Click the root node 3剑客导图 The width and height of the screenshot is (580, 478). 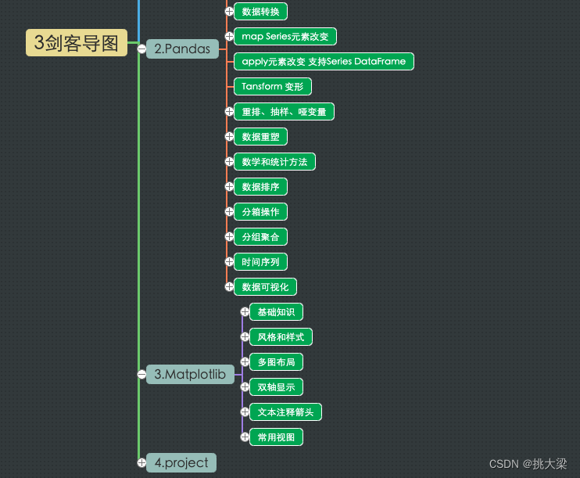point(77,43)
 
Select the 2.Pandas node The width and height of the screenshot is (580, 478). point(182,49)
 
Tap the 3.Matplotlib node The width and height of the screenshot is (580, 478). point(190,374)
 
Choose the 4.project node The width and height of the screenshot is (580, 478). point(181,462)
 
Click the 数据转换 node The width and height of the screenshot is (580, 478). point(260,11)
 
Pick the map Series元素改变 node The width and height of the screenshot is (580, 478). point(285,36)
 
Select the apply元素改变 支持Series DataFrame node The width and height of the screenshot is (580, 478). point(324,61)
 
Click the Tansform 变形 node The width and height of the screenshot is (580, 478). point(273,86)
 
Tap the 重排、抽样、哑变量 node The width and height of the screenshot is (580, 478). point(284,111)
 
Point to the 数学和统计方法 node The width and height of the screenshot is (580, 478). point(274,161)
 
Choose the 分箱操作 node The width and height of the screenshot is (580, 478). point(260,211)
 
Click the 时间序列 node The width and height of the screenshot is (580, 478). point(260,261)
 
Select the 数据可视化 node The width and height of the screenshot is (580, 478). point(265,286)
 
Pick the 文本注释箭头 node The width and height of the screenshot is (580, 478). point(285,412)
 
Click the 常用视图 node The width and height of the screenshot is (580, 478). point(276,437)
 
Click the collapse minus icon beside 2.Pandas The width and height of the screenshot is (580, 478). point(141,49)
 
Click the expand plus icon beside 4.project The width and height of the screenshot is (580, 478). point(141,462)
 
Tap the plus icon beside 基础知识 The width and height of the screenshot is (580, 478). point(245,311)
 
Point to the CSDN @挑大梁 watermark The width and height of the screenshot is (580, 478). point(528,464)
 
